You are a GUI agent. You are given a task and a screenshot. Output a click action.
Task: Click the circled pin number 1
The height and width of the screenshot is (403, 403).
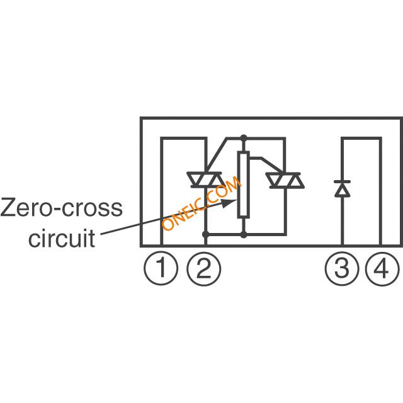click(161, 268)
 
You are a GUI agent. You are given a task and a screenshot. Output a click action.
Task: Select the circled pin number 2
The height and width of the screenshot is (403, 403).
click(204, 269)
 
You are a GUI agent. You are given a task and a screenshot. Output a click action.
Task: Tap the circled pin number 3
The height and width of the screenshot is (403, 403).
click(342, 269)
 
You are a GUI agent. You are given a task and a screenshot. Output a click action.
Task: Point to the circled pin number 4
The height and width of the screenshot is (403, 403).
click(382, 269)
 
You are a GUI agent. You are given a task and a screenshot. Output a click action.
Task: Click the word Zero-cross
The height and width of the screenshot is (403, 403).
click(62, 207)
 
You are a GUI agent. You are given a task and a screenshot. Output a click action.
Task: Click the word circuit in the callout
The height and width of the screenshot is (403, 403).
click(62, 238)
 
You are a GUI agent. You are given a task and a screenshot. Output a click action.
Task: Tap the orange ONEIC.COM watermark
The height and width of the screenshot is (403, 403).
click(201, 203)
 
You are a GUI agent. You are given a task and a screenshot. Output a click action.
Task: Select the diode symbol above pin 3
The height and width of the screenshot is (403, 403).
click(342, 189)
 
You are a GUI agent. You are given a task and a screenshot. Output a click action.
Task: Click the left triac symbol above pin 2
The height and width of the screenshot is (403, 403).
click(206, 179)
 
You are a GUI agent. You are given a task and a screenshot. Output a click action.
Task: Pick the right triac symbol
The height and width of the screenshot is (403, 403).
click(285, 180)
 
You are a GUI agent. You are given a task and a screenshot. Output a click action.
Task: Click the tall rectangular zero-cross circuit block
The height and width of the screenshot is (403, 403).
click(243, 184)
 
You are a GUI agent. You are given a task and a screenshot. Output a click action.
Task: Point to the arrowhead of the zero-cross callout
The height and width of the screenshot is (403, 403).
click(229, 202)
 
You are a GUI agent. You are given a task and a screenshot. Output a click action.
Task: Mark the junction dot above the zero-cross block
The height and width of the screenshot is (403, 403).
click(244, 138)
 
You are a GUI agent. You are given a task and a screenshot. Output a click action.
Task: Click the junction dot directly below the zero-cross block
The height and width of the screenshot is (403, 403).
click(244, 234)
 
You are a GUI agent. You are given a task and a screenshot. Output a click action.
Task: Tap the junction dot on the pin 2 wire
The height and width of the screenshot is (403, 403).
click(206, 234)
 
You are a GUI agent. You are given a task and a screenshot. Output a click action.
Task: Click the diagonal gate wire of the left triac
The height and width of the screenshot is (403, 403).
click(217, 155)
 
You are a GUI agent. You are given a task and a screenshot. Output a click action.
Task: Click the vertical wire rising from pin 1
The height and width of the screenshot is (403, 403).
click(161, 191)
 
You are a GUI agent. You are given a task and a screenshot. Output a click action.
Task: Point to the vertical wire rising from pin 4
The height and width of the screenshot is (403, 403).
click(380, 191)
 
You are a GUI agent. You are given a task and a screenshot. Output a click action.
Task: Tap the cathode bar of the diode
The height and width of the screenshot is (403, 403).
click(342, 181)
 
